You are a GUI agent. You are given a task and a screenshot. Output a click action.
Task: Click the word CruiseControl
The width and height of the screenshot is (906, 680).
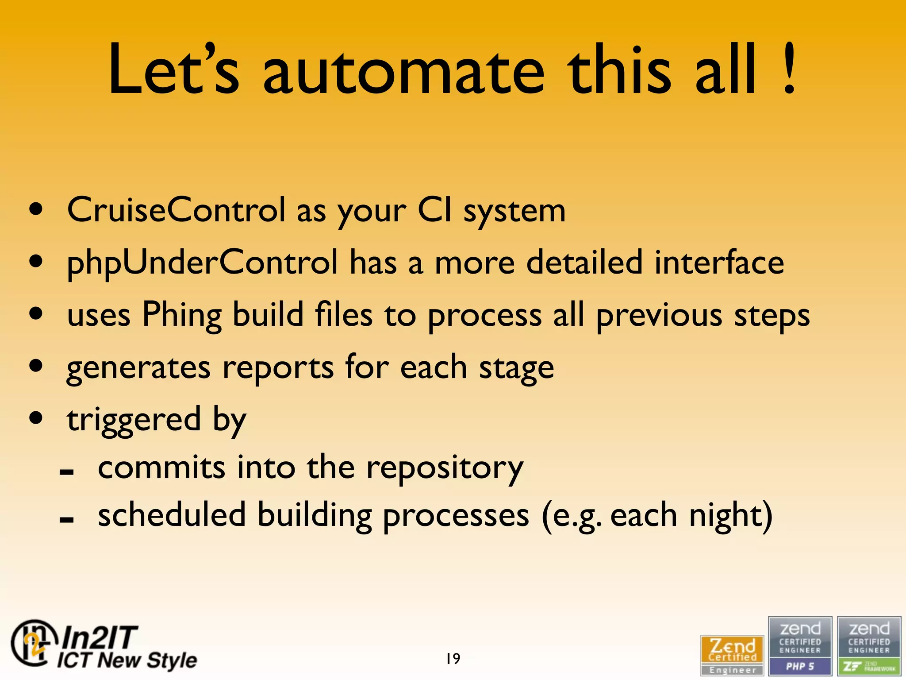[176, 210]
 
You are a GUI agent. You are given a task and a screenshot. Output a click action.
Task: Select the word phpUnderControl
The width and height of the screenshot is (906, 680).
[202, 263]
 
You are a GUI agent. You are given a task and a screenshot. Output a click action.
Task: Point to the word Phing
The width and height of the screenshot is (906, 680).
[182, 315]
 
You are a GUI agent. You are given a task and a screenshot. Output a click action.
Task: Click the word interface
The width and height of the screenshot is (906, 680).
[719, 263]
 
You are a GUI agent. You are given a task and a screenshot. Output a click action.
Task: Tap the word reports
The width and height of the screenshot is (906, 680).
[277, 368]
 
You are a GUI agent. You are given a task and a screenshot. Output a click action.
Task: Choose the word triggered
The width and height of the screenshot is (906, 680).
[134, 420]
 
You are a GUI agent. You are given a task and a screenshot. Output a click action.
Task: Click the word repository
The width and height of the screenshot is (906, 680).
[445, 468]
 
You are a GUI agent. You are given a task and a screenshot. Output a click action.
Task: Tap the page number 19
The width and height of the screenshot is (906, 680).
[453, 658]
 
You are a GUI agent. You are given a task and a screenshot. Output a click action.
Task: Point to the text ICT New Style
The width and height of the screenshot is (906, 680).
[127, 660]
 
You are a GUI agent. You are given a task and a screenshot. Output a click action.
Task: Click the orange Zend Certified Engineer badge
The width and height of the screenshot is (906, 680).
[732, 655]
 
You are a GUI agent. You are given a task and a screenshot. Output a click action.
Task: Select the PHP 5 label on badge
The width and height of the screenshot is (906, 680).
[800, 666]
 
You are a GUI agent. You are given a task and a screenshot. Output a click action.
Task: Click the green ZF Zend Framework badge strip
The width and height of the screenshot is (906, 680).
[869, 666]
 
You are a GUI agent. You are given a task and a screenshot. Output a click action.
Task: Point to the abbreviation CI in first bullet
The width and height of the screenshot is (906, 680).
[435, 210]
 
